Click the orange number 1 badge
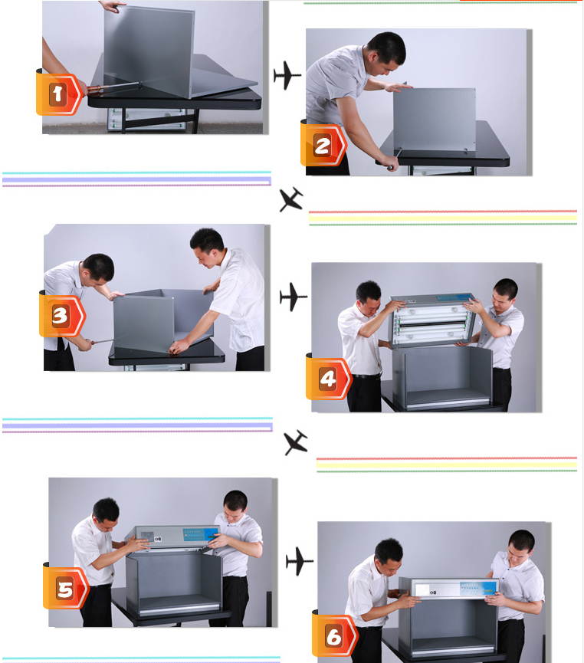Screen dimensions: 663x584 [x=58, y=94]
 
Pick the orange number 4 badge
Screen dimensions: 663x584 [x=328, y=378]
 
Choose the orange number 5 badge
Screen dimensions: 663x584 [x=65, y=589]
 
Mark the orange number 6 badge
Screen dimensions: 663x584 [x=334, y=636]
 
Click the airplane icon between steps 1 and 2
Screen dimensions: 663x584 [x=287, y=76]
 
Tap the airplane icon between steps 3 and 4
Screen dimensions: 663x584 [x=293, y=297]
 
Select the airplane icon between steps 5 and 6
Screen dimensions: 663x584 [x=299, y=561]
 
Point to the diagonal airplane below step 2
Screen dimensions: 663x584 [x=291, y=200]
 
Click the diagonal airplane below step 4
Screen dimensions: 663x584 [x=296, y=442]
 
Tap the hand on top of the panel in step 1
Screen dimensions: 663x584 [x=113, y=6]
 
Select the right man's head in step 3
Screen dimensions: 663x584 [x=206, y=245]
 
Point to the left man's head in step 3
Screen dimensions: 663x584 [x=98, y=267]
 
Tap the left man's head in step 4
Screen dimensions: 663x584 [x=368, y=294]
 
